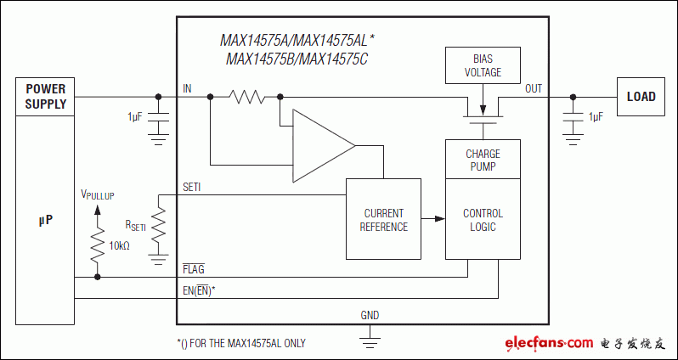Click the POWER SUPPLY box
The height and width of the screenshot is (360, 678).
[x=45, y=97]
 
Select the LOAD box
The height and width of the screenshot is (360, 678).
[x=641, y=96]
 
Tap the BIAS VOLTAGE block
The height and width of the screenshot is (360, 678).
[x=482, y=66]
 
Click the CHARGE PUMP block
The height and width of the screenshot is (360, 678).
[x=482, y=160]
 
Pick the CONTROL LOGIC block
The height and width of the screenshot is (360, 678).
[x=482, y=219]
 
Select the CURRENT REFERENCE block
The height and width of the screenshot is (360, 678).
[x=383, y=220]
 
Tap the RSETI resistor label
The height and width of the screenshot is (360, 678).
[x=135, y=225]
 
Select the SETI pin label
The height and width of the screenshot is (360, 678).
[x=192, y=187]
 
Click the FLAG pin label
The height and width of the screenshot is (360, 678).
[x=193, y=269]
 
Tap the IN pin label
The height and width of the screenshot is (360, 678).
[x=187, y=88]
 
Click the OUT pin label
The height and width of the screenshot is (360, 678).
[x=533, y=88]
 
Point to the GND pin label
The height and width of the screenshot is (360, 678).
[x=370, y=315]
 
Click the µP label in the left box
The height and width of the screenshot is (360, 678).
[x=45, y=220]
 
